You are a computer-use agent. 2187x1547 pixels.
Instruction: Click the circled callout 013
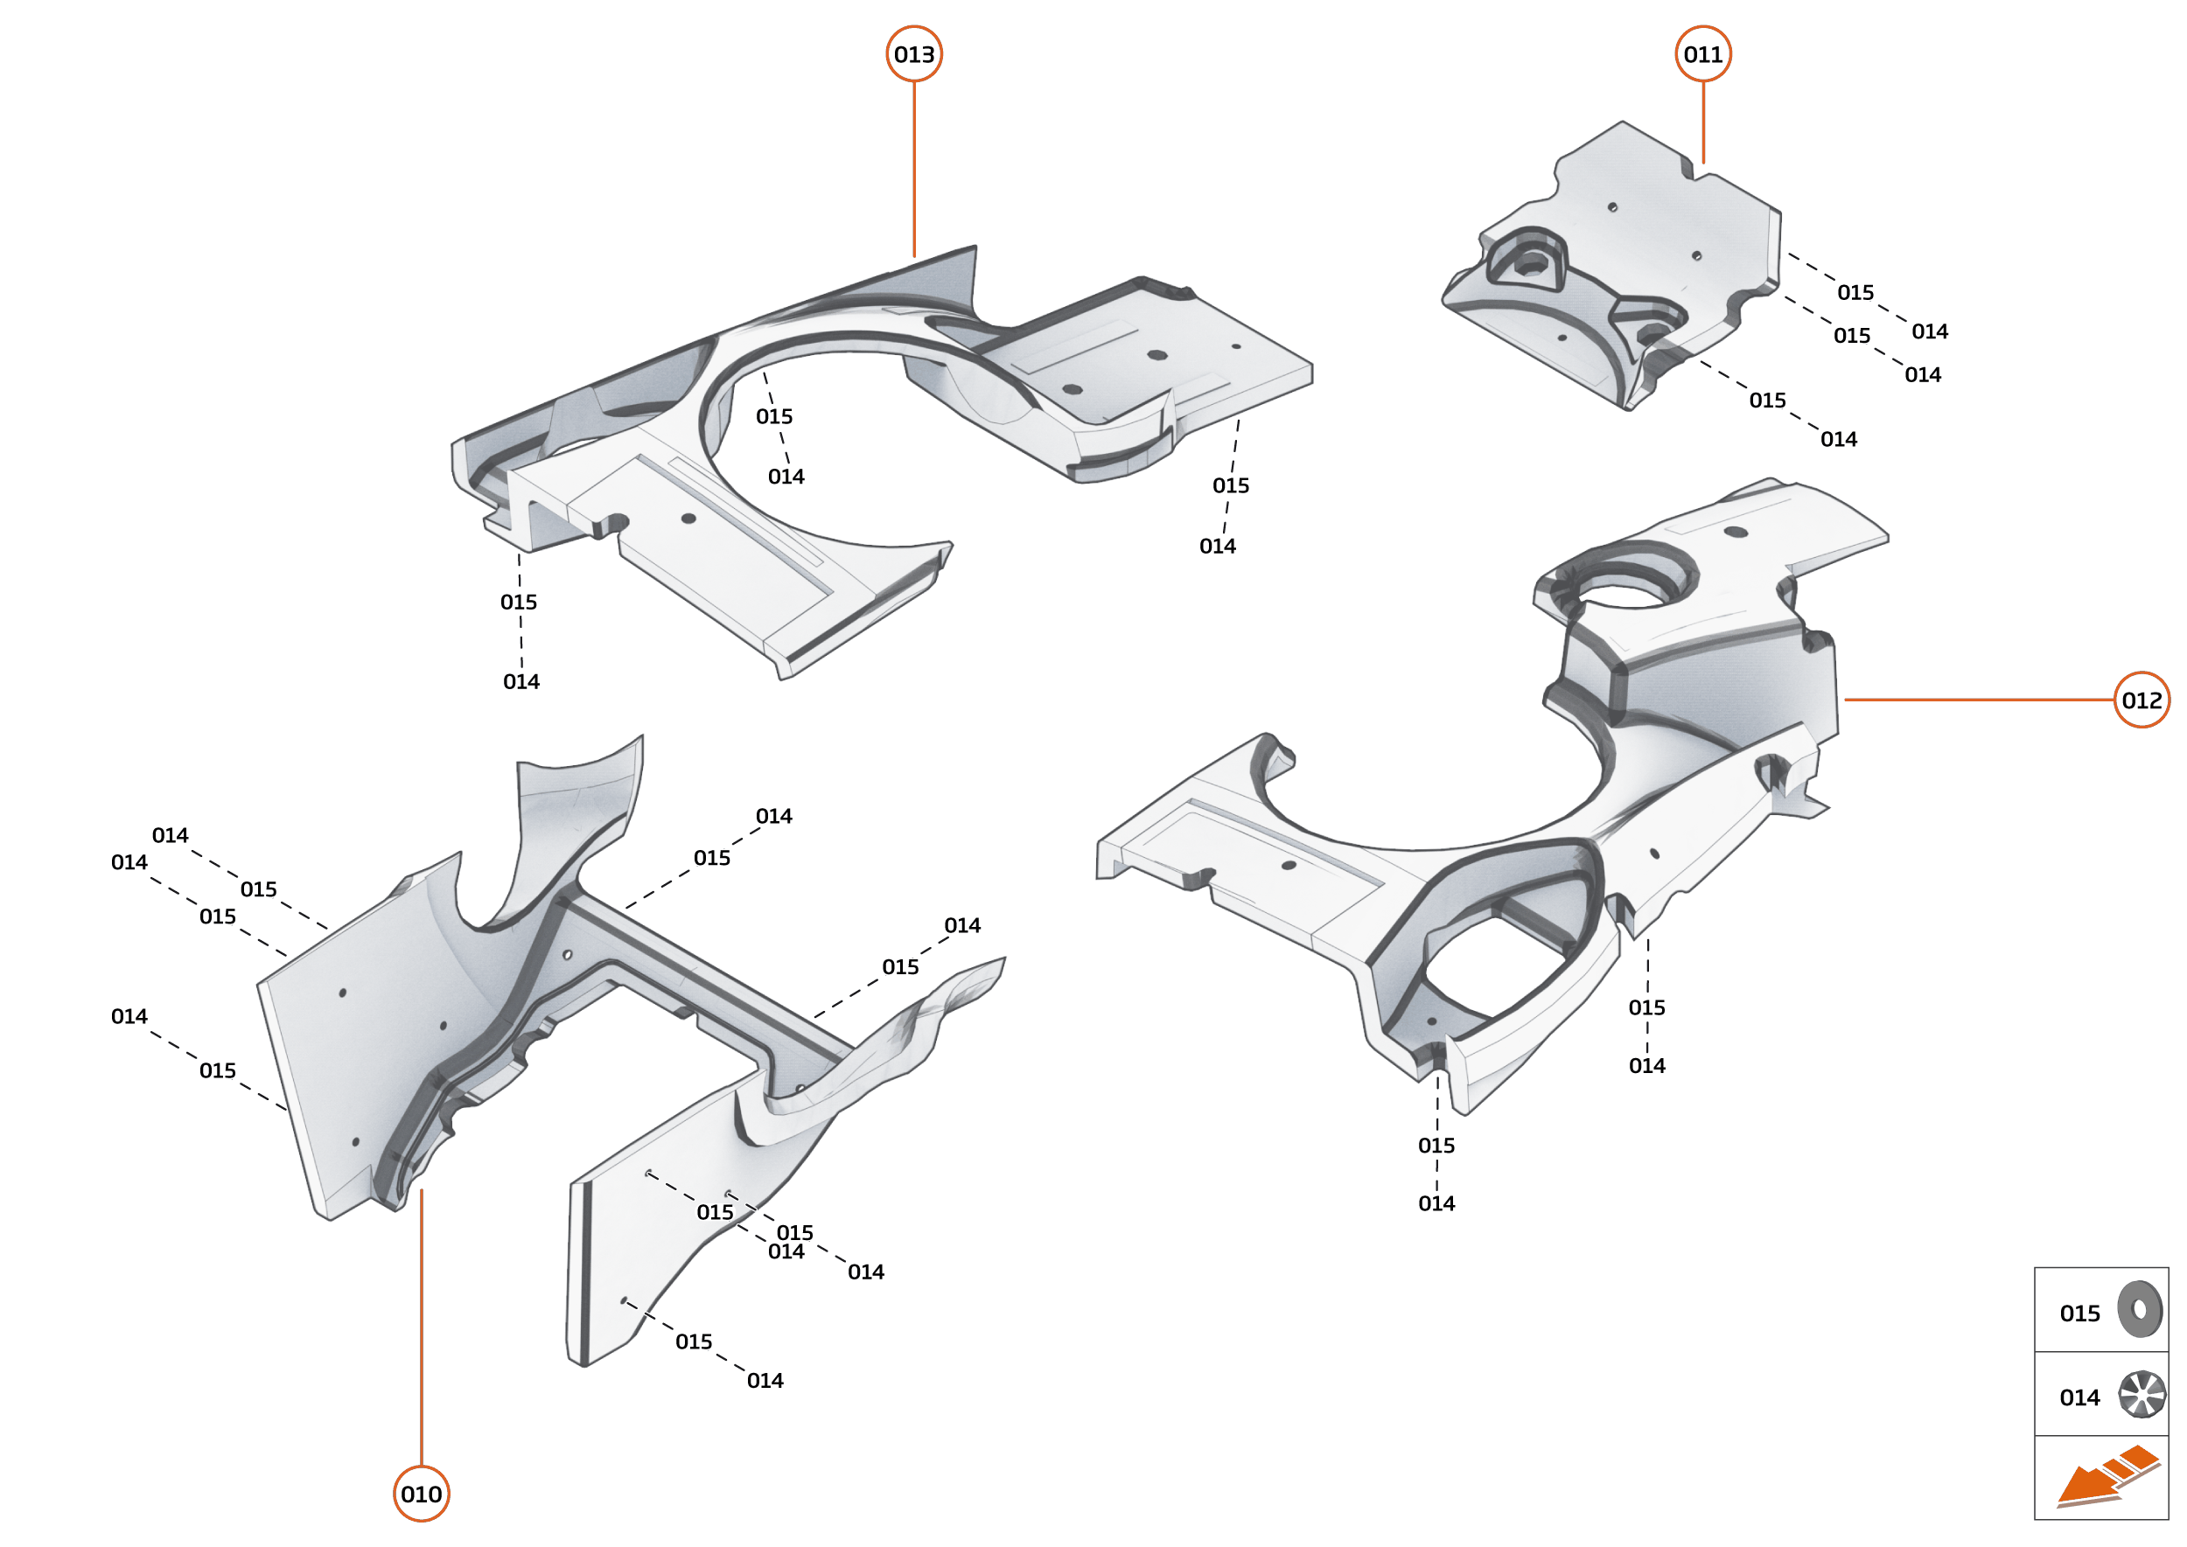point(914,54)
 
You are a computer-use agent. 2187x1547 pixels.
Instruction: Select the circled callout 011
point(1703,54)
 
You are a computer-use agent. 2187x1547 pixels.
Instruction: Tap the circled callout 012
point(2142,700)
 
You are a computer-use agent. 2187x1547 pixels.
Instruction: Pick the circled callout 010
point(421,1494)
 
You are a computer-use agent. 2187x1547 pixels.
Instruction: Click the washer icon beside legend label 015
point(2140,1310)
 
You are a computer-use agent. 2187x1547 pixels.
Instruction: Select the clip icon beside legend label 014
point(2142,1395)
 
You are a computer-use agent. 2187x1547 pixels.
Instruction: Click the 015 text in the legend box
point(2079,1314)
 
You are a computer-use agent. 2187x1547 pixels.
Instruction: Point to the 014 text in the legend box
point(2079,1397)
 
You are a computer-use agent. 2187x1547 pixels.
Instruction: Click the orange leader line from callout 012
point(1977,700)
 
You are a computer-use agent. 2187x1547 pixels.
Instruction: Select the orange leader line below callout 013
point(914,167)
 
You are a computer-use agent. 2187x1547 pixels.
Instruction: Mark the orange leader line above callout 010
point(421,1324)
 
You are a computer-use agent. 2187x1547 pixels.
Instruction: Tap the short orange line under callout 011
point(1703,122)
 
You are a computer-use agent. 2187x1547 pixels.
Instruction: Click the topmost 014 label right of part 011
point(1930,331)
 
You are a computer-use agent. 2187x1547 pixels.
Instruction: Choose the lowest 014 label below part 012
point(1436,1203)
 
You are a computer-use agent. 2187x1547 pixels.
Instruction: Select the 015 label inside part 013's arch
point(774,416)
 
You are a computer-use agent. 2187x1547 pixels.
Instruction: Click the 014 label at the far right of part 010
point(961,925)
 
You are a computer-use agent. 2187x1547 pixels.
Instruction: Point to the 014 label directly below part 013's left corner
point(521,681)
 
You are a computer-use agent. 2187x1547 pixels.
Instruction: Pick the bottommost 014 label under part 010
point(765,1380)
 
